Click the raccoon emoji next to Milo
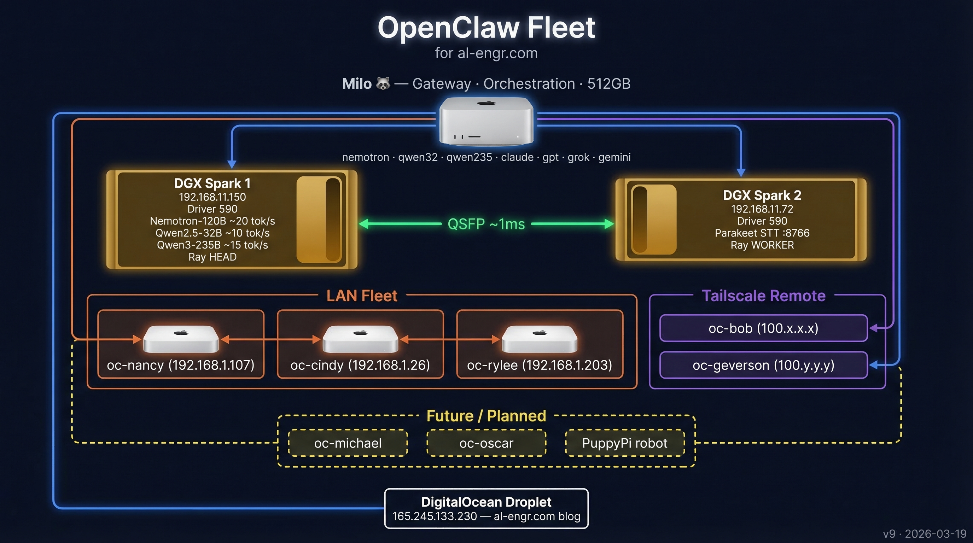[383, 83]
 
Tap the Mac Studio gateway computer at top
[486, 121]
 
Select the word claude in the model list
[517, 157]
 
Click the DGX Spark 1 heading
[212, 183]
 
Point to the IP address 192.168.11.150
[212, 197]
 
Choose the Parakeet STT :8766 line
[762, 233]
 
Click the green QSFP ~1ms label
[486, 224]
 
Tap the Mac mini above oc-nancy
[181, 339]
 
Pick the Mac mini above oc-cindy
[360, 339]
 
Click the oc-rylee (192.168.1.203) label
[540, 365]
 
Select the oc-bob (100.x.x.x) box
[763, 328]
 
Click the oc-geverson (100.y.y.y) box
[763, 365]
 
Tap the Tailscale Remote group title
[763, 296]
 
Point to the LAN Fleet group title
[362, 296]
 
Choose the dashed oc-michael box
[348, 443]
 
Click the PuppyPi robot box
[625, 443]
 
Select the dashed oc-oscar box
[486, 443]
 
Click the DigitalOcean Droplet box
[486, 508]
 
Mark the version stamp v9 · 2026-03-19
[924, 533]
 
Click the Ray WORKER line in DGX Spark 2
[762, 245]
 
